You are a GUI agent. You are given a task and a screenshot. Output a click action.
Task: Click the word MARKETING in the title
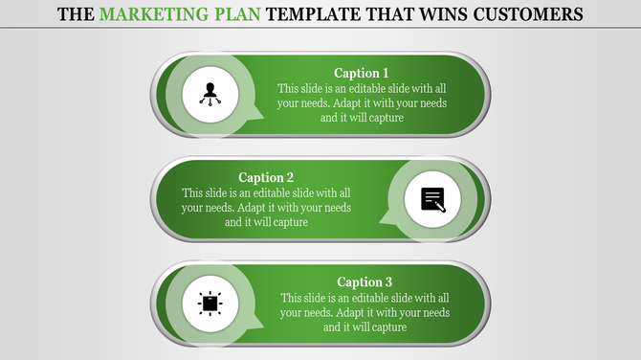pyautogui.click(x=148, y=15)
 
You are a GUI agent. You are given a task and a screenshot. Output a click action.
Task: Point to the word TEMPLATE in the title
pyautogui.click(x=309, y=15)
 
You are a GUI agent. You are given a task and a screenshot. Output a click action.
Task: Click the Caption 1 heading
pyautogui.click(x=362, y=73)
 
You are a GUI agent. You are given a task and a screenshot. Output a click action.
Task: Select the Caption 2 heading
pyautogui.click(x=266, y=177)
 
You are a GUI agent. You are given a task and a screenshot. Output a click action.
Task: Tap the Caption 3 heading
pyautogui.click(x=365, y=281)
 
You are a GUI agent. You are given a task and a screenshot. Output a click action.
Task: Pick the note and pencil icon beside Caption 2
pyautogui.click(x=432, y=199)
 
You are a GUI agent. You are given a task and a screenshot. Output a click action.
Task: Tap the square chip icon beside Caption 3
pyautogui.click(x=210, y=304)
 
